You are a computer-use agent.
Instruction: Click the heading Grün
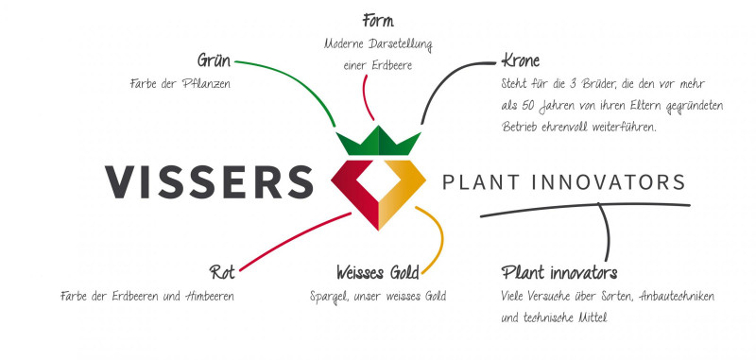click(215, 61)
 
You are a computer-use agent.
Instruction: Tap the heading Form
click(378, 20)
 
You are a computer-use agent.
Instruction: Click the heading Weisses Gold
click(378, 274)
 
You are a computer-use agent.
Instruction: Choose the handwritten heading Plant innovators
click(559, 274)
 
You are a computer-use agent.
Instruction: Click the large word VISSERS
click(208, 181)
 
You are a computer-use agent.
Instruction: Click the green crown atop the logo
click(379, 144)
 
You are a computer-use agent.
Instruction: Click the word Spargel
click(328, 297)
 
